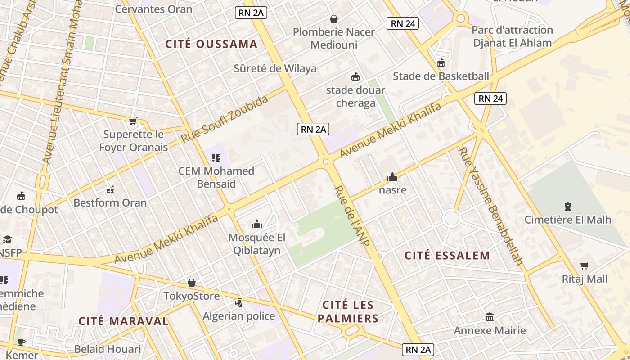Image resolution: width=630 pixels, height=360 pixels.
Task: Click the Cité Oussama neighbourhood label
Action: [211, 44]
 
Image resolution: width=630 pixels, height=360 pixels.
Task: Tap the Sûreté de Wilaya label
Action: [275, 68]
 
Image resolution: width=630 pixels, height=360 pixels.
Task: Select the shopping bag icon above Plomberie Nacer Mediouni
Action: [334, 19]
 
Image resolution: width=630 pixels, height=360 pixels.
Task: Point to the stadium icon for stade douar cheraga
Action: [355, 76]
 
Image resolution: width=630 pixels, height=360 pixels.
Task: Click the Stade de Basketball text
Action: [441, 76]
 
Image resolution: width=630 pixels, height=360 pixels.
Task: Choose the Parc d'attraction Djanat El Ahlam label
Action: [512, 36]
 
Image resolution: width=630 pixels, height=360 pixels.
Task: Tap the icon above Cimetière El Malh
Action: [568, 207]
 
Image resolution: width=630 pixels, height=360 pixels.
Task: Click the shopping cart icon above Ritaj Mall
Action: [585, 266]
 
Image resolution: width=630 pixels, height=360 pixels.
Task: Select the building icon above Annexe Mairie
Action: [490, 317]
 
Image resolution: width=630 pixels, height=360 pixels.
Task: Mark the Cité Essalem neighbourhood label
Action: [447, 256]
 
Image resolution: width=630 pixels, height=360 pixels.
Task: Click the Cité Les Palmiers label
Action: [348, 312]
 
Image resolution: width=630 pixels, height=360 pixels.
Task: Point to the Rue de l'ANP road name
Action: [352, 216]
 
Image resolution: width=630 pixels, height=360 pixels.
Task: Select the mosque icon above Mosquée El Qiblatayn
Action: [257, 224]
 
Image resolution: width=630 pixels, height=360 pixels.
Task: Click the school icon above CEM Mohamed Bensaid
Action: [216, 157]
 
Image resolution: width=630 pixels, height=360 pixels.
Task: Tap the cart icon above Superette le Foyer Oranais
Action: [133, 121]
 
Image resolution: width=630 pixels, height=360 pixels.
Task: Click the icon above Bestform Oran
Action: [110, 189]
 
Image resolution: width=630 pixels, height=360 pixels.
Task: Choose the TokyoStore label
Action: [191, 296]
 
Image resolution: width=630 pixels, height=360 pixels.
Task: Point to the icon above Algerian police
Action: [239, 302]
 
